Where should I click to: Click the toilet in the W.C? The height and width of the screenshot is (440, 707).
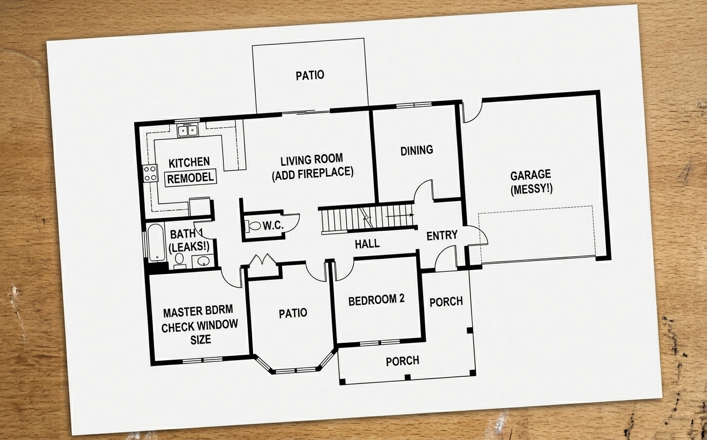(253, 226)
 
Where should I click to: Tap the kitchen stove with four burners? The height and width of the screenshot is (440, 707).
(150, 174)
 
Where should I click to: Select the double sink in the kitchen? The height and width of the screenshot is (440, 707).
(188, 130)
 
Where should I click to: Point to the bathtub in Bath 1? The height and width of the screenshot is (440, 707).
(156, 242)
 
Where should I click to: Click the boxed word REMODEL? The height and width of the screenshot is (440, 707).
(190, 178)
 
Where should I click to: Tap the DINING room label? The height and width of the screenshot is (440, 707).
(417, 150)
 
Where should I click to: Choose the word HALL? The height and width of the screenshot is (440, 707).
(368, 244)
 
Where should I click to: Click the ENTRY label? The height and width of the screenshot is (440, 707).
(442, 235)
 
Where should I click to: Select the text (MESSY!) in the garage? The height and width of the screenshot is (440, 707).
(531, 189)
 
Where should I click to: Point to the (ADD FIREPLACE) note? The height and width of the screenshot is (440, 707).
(313, 174)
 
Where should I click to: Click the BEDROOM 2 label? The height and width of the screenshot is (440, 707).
(376, 300)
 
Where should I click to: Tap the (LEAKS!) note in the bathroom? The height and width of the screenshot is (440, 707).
(189, 246)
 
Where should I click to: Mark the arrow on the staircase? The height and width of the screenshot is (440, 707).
(400, 216)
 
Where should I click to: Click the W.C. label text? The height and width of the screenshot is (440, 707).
(273, 225)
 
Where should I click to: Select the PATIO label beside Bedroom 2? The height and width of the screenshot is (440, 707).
(293, 313)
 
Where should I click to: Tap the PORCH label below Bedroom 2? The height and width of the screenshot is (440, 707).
(403, 361)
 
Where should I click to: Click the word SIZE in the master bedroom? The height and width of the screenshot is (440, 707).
(200, 340)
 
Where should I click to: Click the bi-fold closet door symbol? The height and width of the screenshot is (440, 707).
(262, 260)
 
